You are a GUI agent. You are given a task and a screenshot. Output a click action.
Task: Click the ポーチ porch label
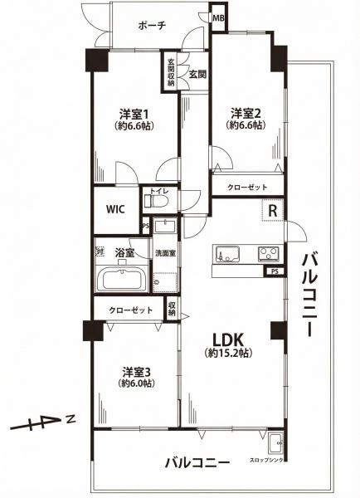pyautogui.click(x=154, y=26)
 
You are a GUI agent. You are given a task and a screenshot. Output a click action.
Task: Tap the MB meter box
pyautogui.click(x=219, y=17)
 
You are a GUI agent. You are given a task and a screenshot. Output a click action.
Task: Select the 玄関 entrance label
pyautogui.click(x=197, y=75)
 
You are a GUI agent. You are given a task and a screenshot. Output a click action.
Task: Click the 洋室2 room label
pyautogui.click(x=246, y=112)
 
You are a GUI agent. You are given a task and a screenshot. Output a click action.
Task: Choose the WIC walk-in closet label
pyautogui.click(x=115, y=209)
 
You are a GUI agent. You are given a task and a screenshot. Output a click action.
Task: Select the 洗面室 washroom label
pyautogui.click(x=165, y=253)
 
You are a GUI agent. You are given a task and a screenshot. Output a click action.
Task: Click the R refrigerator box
pyautogui.click(x=271, y=212)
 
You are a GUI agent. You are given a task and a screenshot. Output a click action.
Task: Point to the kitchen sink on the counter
pyautogui.click(x=229, y=253)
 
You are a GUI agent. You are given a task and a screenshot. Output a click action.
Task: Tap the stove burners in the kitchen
pyautogui.click(x=269, y=253)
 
